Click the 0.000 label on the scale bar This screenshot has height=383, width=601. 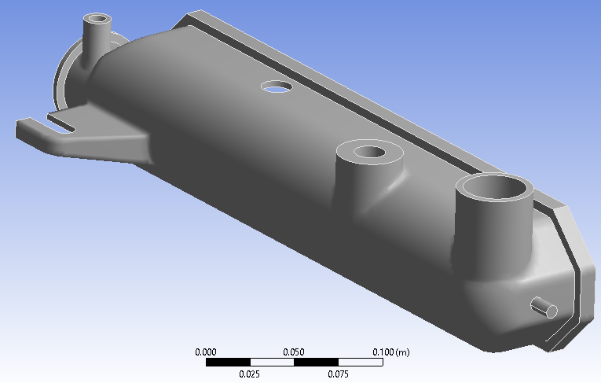point(206,352)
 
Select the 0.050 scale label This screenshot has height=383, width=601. point(294,352)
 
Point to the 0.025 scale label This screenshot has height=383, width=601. point(250,373)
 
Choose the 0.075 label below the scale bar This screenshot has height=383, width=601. point(338,373)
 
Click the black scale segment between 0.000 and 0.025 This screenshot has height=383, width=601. point(228,362)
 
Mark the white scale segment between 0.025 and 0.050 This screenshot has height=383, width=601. point(272,362)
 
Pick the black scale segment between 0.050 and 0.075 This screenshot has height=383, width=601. point(316,362)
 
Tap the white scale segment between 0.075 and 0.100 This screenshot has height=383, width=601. point(360,362)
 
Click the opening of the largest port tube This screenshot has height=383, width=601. point(496,190)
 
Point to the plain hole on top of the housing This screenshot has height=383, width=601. point(277,86)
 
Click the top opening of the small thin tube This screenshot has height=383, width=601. point(99,18)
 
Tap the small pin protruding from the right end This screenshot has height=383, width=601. point(543,308)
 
